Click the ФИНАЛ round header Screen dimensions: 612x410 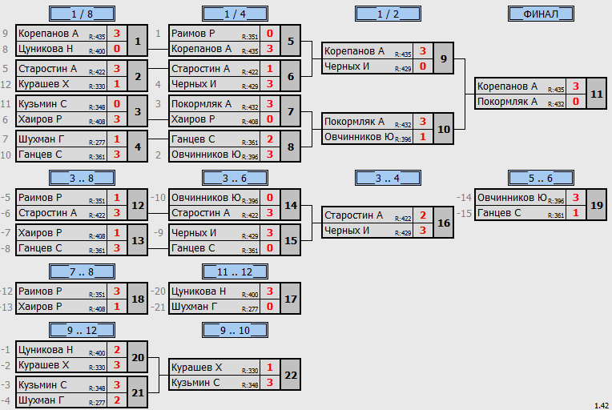(x=541, y=14)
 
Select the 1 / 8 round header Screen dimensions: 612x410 (x=82, y=14)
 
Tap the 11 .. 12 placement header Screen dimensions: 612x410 (x=235, y=271)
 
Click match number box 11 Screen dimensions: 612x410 (x=597, y=94)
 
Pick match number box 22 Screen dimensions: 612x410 (x=291, y=375)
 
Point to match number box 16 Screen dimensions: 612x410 (x=444, y=223)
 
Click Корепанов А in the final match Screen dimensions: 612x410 (x=507, y=86)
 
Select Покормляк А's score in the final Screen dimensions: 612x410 (x=576, y=102)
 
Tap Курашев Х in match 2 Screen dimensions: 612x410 (x=44, y=84)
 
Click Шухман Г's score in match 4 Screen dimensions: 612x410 (x=117, y=139)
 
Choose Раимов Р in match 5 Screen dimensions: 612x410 (x=193, y=34)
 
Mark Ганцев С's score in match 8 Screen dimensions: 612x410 (x=270, y=139)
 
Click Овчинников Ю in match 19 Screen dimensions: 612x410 (x=512, y=198)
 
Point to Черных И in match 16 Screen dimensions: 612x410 (x=347, y=231)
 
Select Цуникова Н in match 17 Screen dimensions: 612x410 (x=199, y=291)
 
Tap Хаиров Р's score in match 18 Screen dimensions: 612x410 (x=117, y=307)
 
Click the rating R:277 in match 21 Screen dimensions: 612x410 (x=97, y=403)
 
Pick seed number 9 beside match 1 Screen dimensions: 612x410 (x=5, y=34)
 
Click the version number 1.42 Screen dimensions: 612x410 (x=602, y=406)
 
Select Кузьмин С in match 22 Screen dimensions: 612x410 (x=195, y=383)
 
